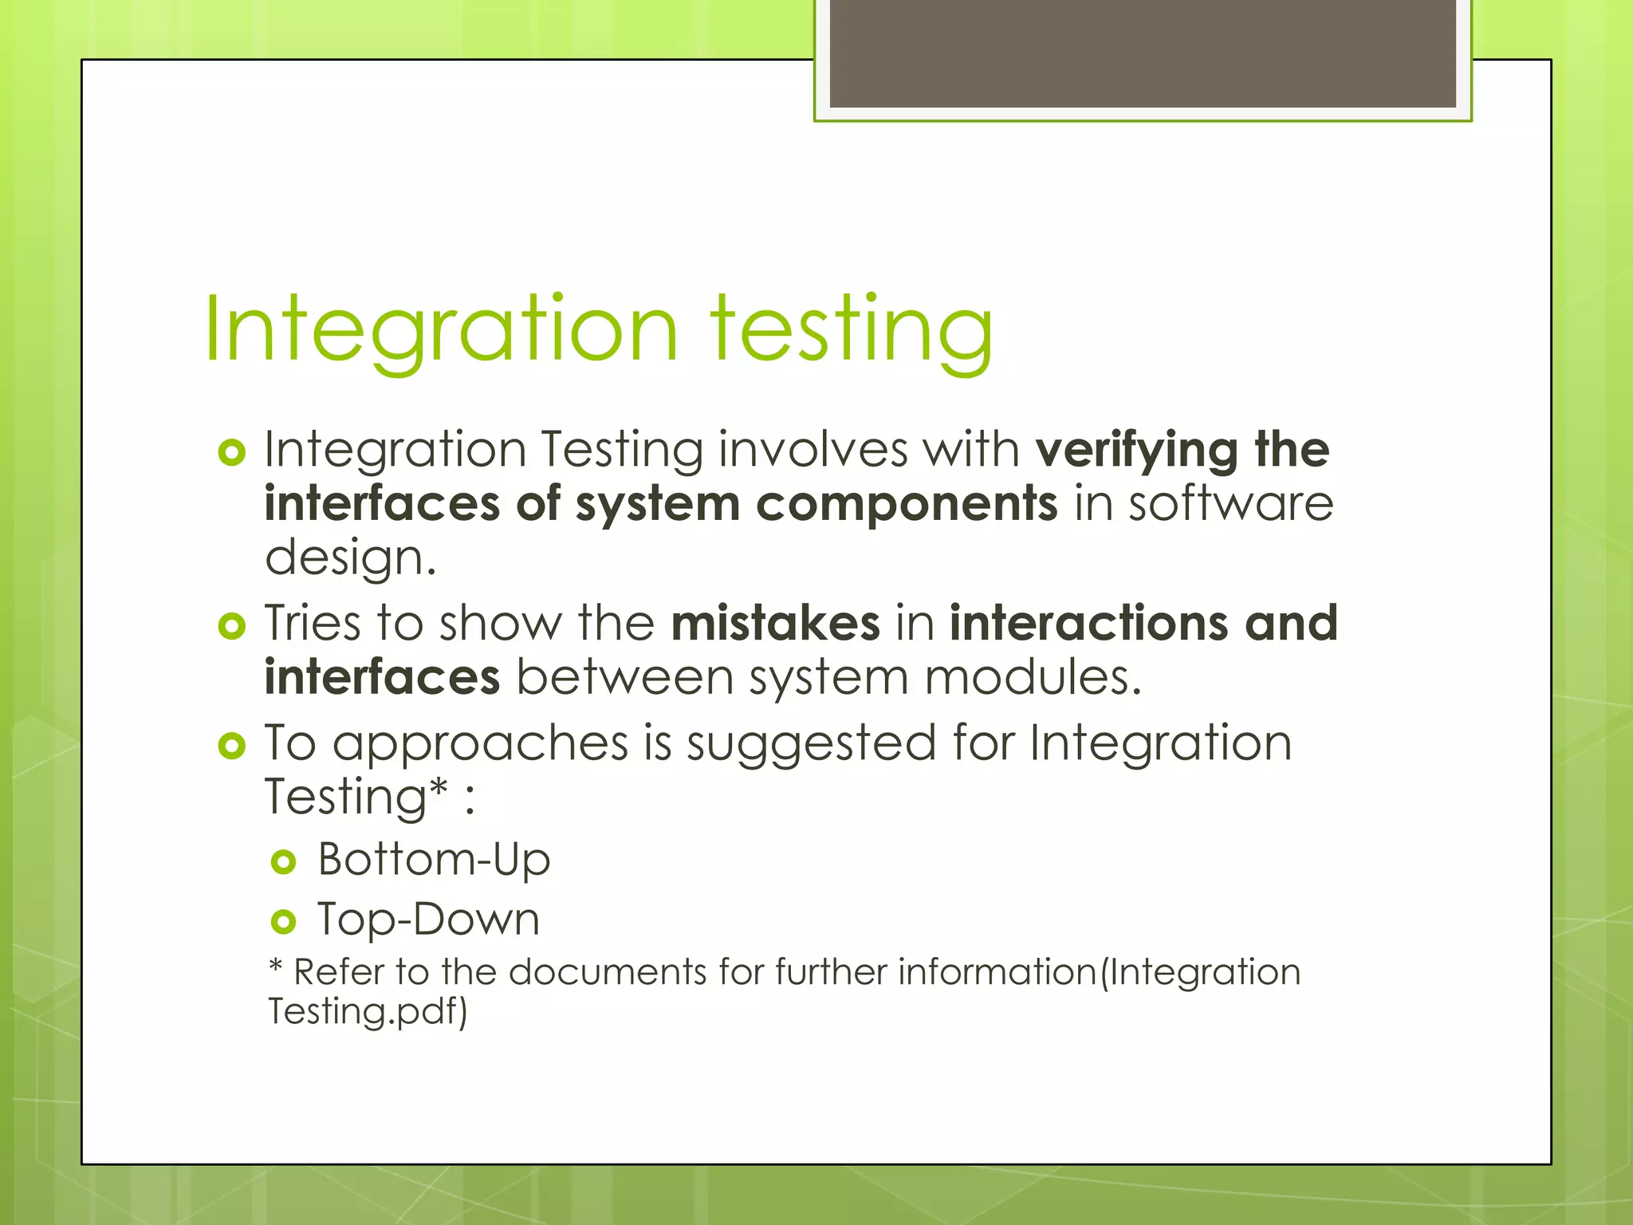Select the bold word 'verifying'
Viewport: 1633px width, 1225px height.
(1136, 451)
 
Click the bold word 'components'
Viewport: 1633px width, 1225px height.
(907, 505)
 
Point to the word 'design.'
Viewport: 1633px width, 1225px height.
(351, 558)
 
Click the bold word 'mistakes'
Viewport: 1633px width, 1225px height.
(775, 624)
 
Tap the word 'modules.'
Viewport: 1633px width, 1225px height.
(1033, 678)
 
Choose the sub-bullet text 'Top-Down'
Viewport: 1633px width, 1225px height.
(429, 920)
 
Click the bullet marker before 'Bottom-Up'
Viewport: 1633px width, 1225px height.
(283, 862)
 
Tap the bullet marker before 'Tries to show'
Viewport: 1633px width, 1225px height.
(231, 626)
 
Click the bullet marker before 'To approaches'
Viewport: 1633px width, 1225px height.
(231, 746)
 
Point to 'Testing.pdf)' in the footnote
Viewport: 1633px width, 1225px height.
(368, 1012)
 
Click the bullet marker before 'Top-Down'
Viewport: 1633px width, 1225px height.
(283, 923)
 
